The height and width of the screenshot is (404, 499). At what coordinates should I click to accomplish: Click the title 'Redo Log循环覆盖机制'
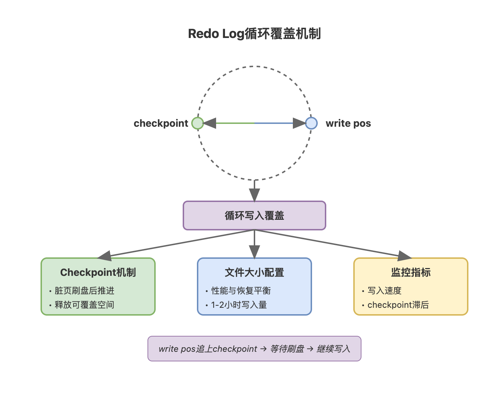pos(254,34)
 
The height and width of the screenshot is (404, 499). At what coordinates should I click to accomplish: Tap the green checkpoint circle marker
pos(198,123)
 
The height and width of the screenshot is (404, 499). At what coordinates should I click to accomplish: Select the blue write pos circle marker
pos(311,123)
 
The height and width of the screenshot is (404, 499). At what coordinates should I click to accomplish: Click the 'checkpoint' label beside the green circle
pos(161,123)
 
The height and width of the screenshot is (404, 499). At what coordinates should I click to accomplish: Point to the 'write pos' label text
pos(348,123)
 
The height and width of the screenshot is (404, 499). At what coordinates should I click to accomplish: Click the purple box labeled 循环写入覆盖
pos(254,215)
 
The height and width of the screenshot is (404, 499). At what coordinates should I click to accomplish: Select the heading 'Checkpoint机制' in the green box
pos(98,272)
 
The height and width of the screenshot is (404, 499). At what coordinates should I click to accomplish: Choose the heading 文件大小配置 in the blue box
pos(254,272)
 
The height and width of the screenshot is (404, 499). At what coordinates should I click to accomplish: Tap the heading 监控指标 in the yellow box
pos(411,272)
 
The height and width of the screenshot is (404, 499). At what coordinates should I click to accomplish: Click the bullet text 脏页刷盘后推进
pos(85,291)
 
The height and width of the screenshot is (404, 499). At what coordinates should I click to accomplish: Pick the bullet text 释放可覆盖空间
pos(85,305)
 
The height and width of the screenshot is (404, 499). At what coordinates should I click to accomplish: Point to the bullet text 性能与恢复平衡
pos(241,291)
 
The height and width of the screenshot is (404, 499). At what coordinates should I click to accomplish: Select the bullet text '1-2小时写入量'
pos(239,305)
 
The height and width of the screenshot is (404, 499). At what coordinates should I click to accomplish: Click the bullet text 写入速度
pos(385,291)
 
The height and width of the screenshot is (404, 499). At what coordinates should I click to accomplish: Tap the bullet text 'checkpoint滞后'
pos(398,305)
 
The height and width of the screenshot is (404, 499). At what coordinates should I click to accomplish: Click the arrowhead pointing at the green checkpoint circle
pos(210,123)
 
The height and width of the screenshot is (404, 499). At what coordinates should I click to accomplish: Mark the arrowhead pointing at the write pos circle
pos(299,123)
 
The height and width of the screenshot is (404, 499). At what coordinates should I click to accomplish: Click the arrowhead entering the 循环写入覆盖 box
pos(254,195)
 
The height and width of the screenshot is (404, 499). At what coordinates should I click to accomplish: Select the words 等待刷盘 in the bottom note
pos(287,349)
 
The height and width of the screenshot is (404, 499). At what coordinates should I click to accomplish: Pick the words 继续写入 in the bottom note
pos(333,349)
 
